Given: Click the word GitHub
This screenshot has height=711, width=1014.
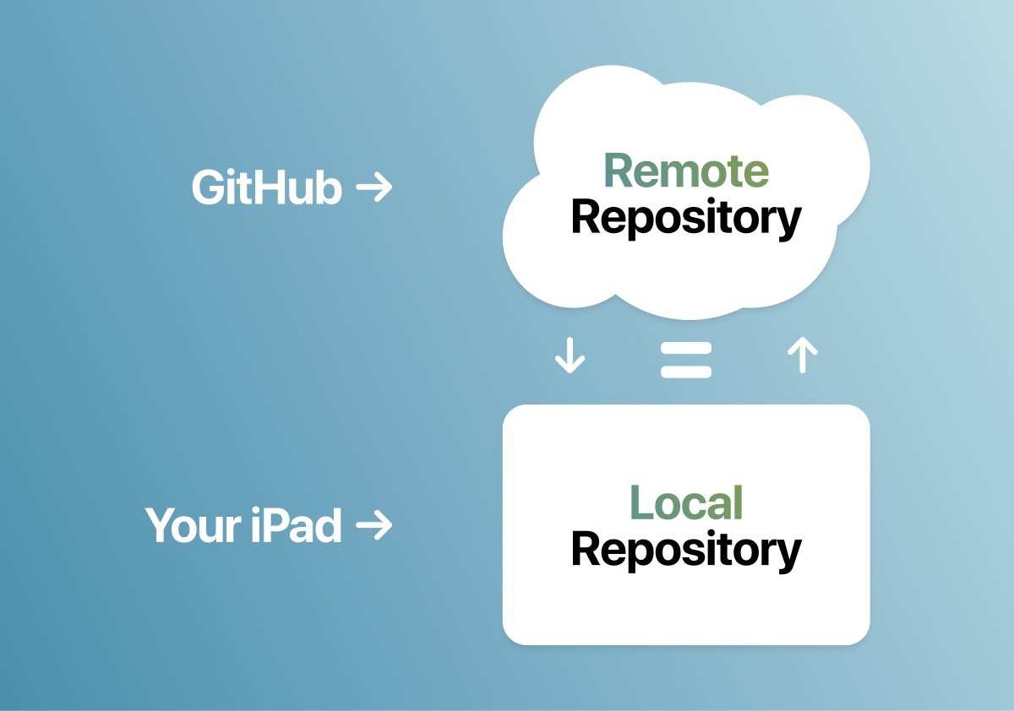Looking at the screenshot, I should click(x=266, y=187).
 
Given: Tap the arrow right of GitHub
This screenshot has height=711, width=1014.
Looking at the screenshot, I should click(x=374, y=187).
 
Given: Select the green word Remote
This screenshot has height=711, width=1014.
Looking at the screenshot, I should click(x=686, y=171).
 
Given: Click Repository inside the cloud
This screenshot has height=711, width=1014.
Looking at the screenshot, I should click(x=686, y=218).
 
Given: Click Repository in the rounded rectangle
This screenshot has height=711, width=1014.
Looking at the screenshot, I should click(x=686, y=550).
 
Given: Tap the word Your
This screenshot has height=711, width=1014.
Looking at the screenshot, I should click(x=194, y=525).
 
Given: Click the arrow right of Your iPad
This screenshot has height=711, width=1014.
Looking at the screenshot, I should click(x=374, y=525).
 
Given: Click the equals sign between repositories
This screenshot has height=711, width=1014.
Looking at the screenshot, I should click(x=686, y=359).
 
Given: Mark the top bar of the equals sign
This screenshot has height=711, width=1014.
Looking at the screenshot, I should click(x=686, y=348).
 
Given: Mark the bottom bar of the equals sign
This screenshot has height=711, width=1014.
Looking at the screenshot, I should click(x=686, y=370).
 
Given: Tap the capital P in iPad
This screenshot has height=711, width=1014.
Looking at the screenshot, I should click(x=281, y=525).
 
